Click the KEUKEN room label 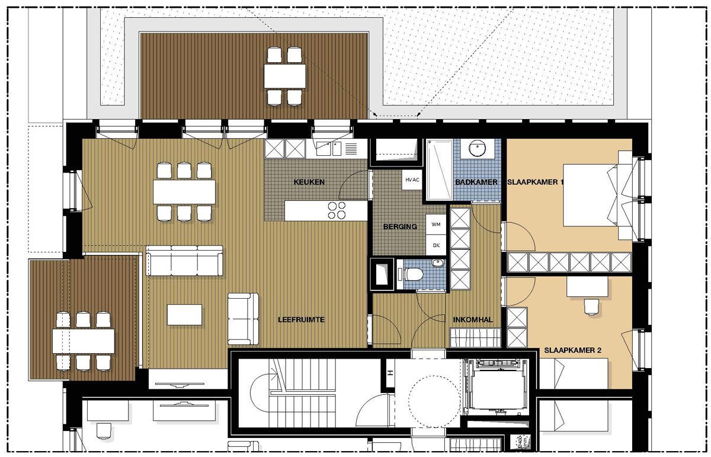309,182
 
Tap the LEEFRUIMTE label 301,319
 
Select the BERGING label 400,227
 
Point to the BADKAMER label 476,182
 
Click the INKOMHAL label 473,320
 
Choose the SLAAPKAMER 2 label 573,350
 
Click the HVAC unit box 412,180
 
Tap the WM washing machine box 436,224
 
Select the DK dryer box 436,245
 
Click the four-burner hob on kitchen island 337,210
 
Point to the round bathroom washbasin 477,149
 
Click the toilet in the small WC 412,274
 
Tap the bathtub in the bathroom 440,170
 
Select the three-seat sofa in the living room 184,260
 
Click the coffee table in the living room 184,314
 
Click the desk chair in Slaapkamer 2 591,307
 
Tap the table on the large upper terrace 285,76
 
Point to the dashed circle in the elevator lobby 434,401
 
